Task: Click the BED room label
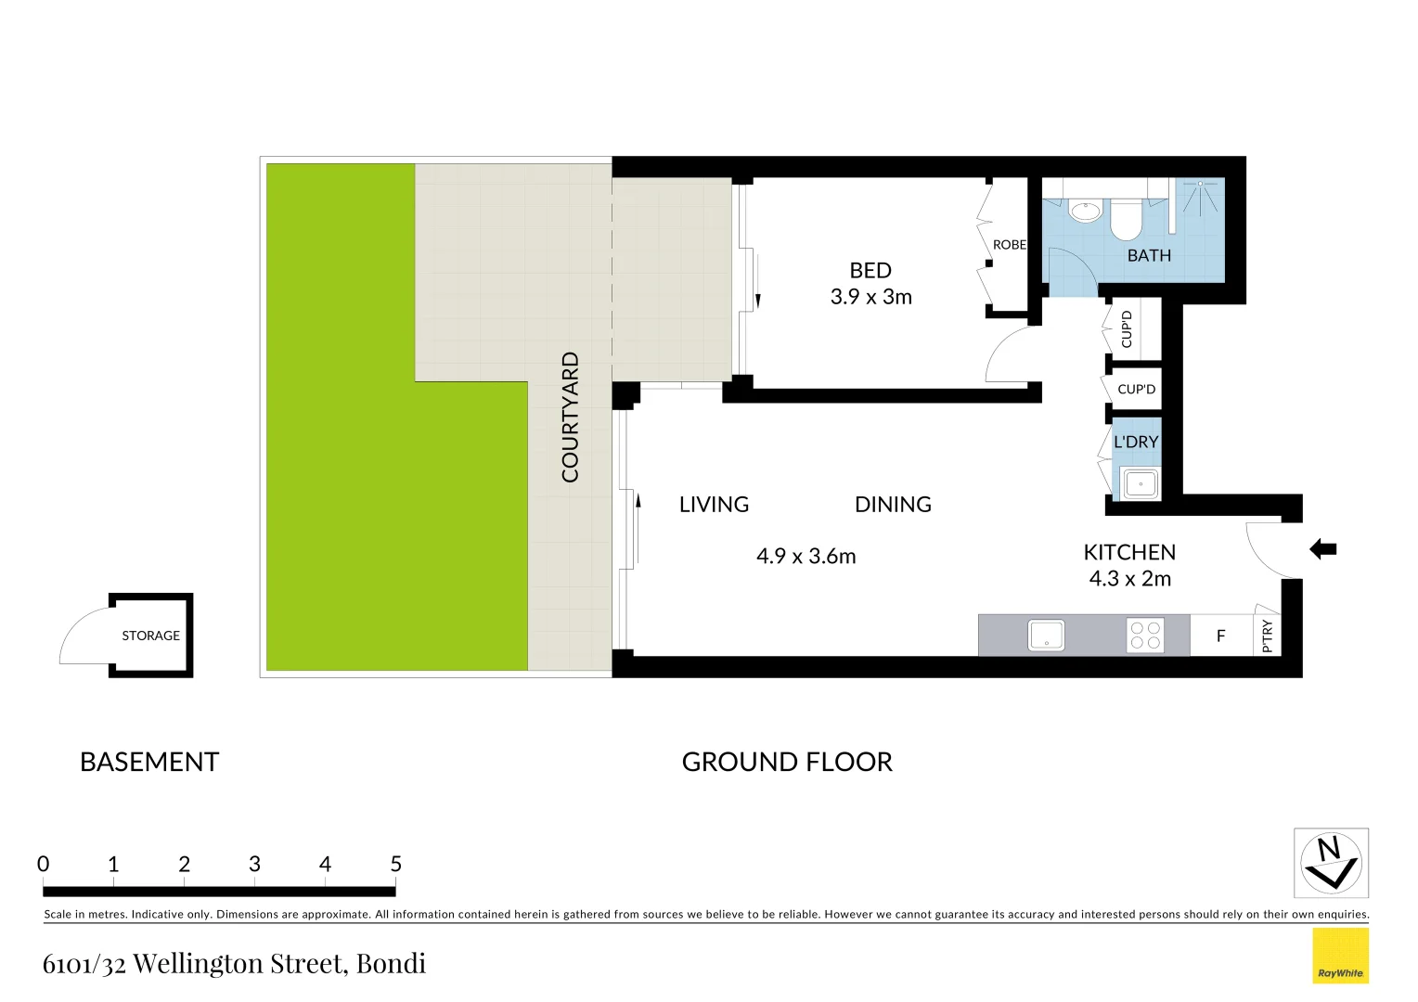coord(870,271)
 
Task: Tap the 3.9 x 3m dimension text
coord(870,297)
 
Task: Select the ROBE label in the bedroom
coord(1009,245)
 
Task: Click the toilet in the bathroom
coord(1126,219)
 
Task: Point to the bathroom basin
coord(1085,212)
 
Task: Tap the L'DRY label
coord(1136,442)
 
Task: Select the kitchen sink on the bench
coord(1046,636)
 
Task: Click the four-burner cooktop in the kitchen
coord(1145,636)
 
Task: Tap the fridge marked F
coord(1220,636)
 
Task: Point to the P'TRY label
coord(1268,636)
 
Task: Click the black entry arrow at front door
coord(1322,549)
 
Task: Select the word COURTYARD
coord(570,417)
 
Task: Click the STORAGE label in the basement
coord(150,636)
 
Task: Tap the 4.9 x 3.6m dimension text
coord(806,557)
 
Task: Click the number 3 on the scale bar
coord(254,865)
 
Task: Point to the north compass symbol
coord(1331,863)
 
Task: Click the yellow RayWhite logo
coord(1340,956)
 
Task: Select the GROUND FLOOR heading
coord(786,763)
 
